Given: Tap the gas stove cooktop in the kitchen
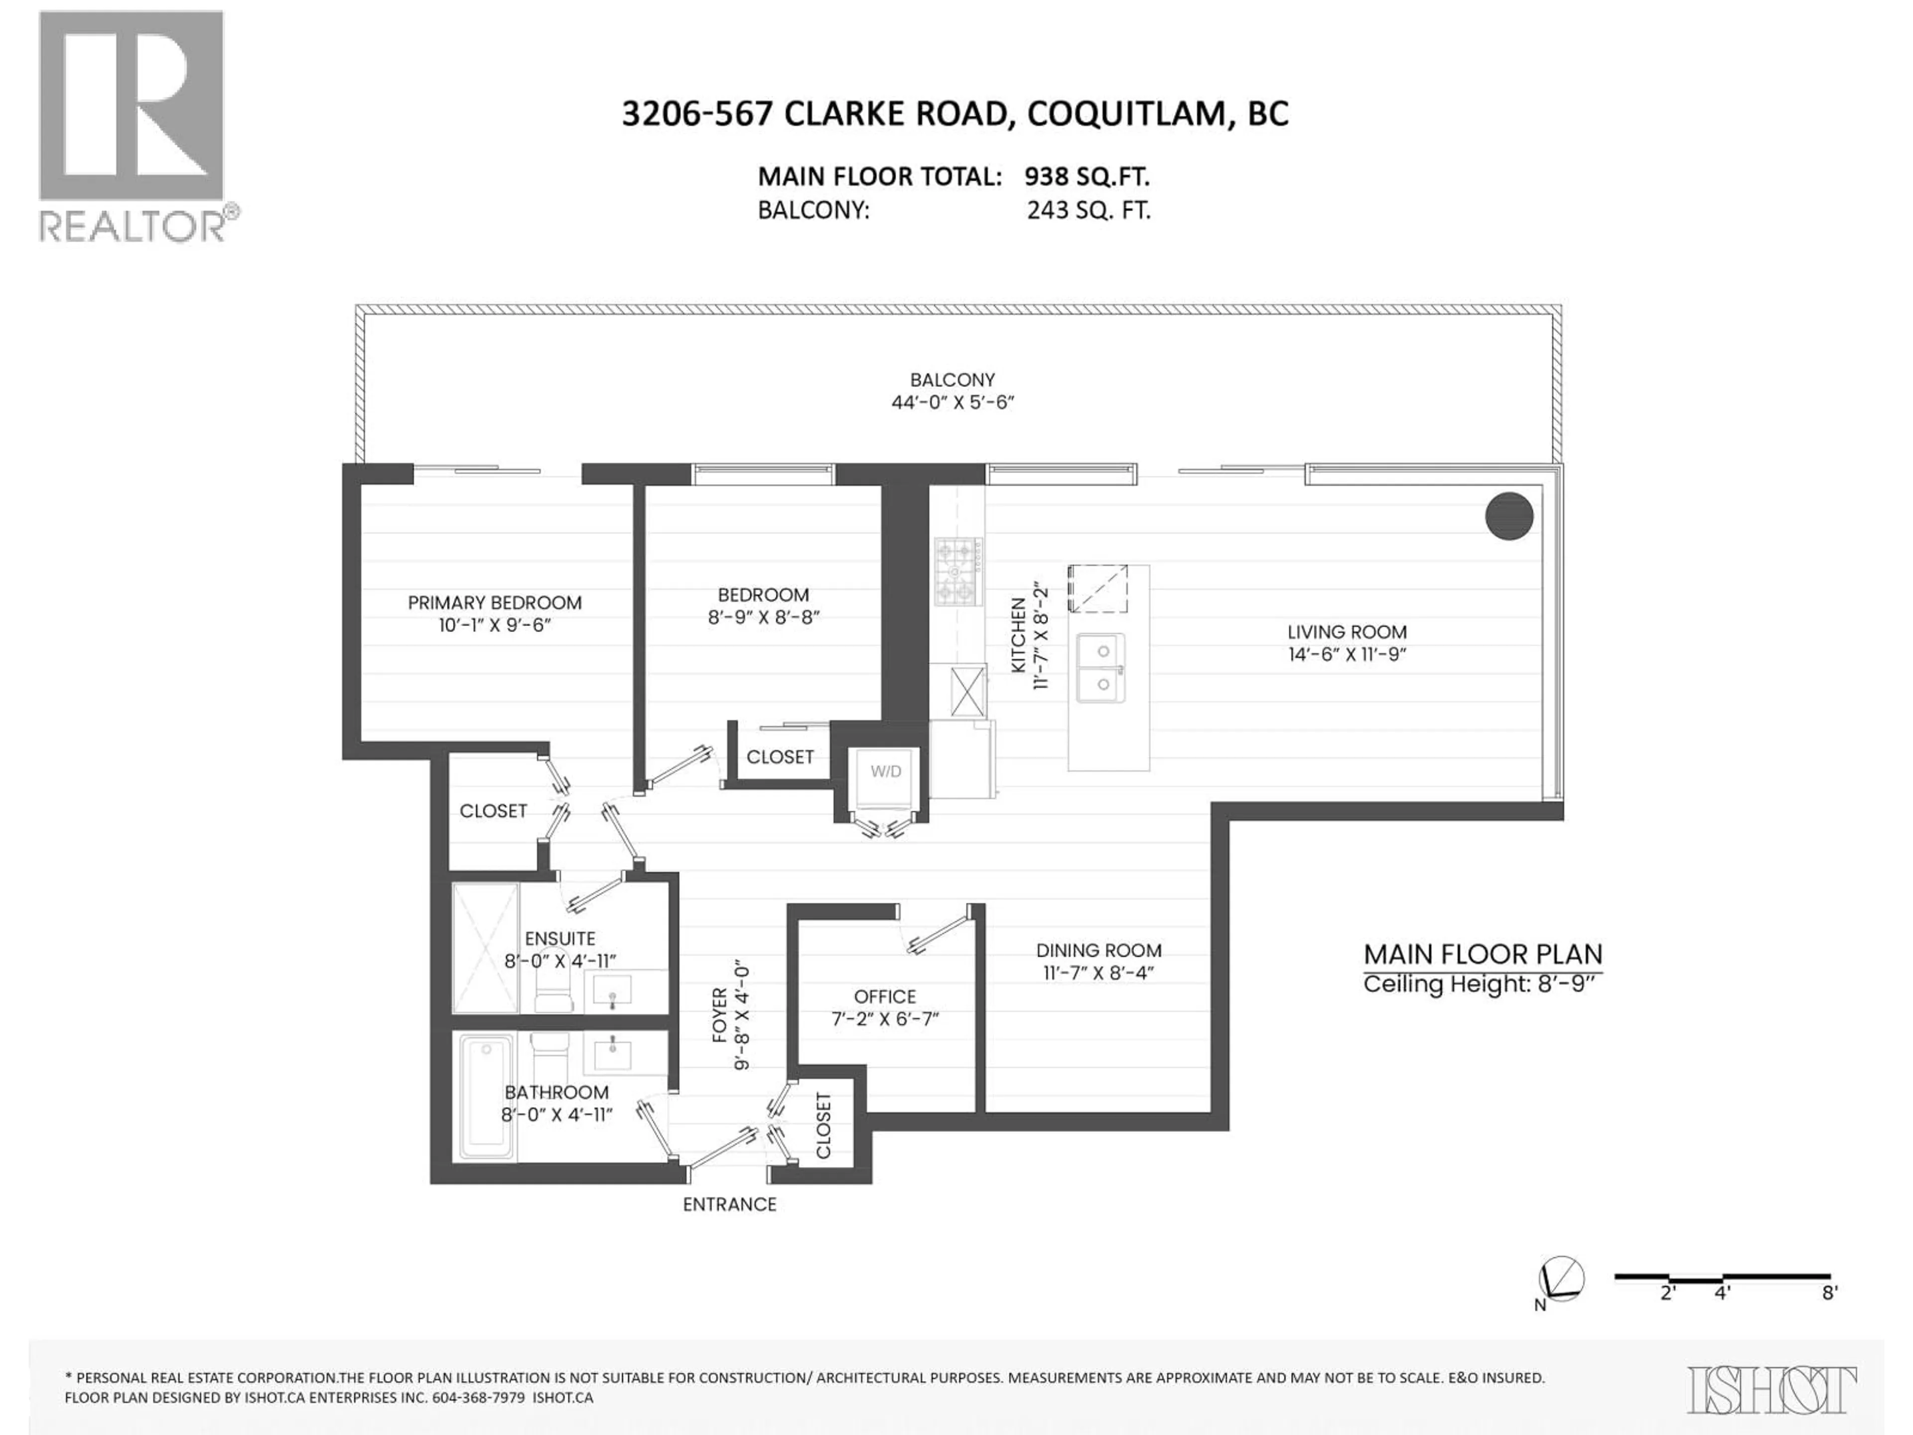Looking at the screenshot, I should (x=956, y=571).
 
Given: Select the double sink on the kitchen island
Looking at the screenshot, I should (x=1101, y=667).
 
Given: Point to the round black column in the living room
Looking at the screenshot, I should (x=1508, y=516).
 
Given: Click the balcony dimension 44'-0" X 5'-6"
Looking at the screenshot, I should (x=952, y=402).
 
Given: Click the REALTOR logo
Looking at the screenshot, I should (x=134, y=126).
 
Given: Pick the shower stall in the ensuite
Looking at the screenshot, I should (x=485, y=947).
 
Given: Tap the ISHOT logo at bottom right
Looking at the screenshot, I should (x=1771, y=1390).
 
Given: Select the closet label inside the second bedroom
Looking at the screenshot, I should (x=779, y=757).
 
